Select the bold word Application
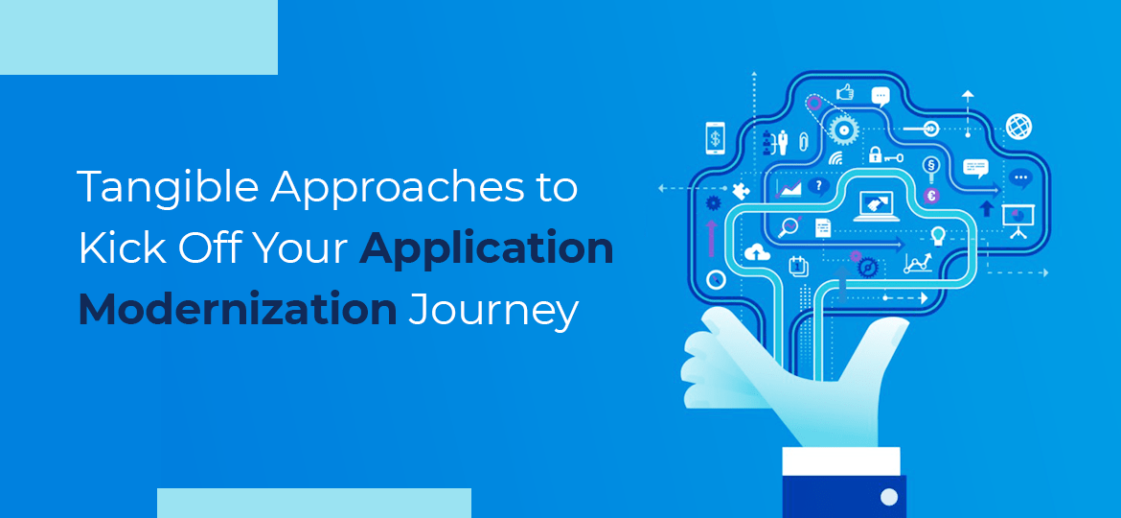[487, 249]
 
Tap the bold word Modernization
[237, 310]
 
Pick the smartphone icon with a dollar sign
[715, 137]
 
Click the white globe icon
[1018, 126]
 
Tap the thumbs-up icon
[844, 93]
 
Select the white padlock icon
[875, 154]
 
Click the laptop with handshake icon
[876, 205]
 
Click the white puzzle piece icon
[741, 191]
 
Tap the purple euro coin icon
[932, 196]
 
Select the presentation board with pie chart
[1015, 220]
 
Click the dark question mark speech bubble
[817, 186]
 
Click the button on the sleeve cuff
[888, 497]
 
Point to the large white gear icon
[842, 129]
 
